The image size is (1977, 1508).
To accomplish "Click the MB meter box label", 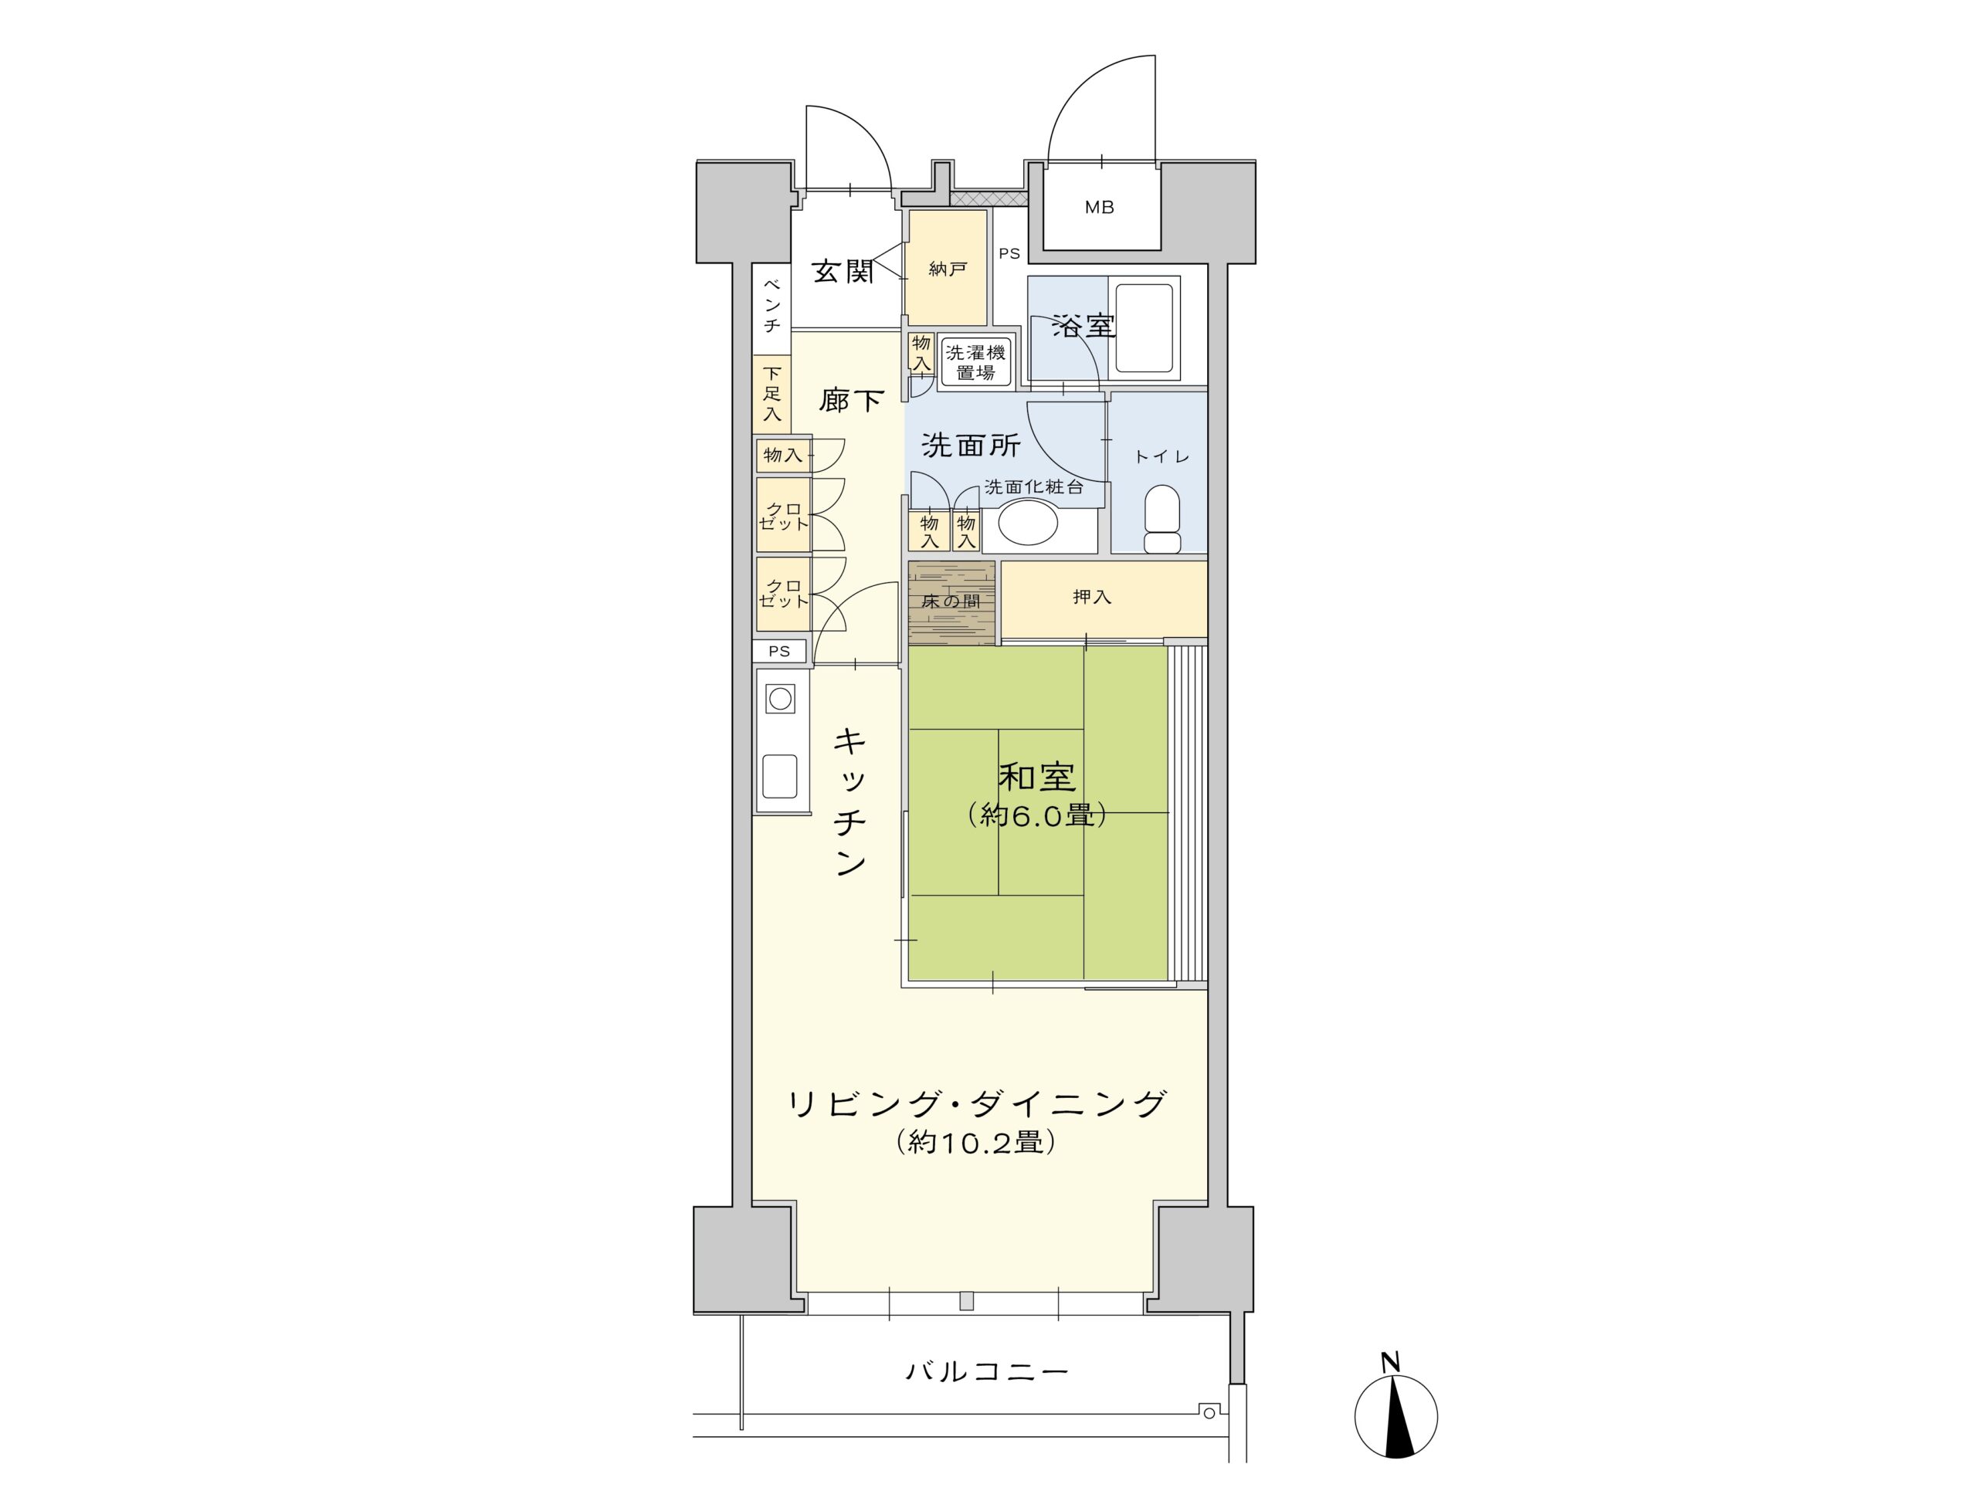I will [1099, 208].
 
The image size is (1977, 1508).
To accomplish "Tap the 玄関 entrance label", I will [842, 270].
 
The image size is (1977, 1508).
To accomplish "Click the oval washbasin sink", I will [1027, 523].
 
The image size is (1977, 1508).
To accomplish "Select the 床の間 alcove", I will [951, 602].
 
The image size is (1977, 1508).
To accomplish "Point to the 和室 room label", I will [1037, 778].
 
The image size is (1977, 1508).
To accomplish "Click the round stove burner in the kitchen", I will [780, 698].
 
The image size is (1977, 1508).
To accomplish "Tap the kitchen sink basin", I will [780, 775].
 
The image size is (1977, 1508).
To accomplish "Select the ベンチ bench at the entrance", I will [771, 305].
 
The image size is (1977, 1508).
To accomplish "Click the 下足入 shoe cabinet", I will [771, 393].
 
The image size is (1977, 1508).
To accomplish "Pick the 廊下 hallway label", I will [850, 400].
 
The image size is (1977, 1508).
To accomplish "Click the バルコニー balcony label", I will [986, 1371].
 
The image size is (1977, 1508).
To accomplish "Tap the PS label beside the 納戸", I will [1009, 254].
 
